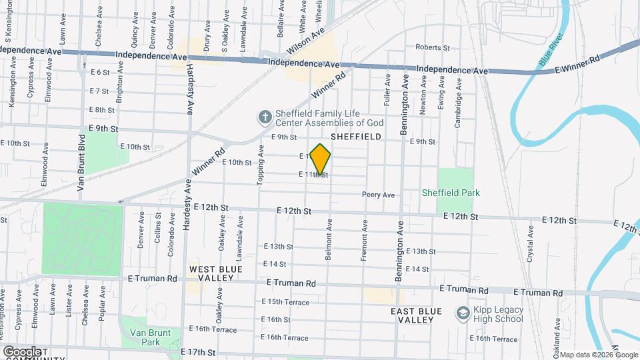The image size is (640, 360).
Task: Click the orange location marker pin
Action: click(x=320, y=159)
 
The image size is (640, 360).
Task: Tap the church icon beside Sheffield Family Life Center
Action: click(x=265, y=117)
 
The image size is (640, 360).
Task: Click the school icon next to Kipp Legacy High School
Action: click(x=462, y=313)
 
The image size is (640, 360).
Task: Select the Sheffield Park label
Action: click(x=451, y=193)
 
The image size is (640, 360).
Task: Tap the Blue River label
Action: click(x=551, y=53)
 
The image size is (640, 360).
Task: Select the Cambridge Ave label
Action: click(x=458, y=95)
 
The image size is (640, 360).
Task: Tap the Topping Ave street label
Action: click(x=262, y=167)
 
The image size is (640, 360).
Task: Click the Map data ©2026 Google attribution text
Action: click(x=598, y=355)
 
